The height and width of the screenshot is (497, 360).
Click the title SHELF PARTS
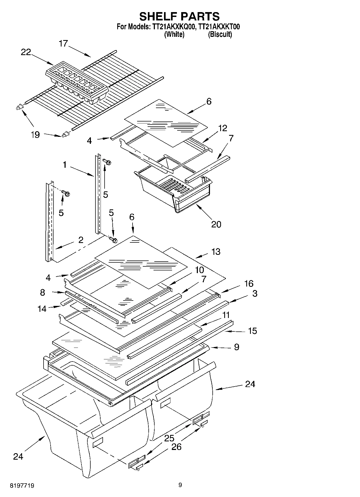[179, 16]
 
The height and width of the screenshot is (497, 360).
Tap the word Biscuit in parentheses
[220, 34]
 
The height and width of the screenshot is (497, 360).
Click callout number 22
[26, 52]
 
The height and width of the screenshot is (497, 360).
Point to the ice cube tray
[77, 82]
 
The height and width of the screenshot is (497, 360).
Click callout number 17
[63, 44]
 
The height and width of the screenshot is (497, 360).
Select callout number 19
[35, 135]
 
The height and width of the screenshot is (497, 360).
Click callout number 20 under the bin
[216, 224]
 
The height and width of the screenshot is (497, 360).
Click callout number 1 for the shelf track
[65, 165]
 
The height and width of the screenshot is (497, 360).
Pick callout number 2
[81, 240]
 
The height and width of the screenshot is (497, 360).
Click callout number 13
[216, 252]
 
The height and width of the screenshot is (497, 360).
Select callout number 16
[249, 283]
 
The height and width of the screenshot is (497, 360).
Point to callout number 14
[42, 309]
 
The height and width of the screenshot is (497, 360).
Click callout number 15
[252, 331]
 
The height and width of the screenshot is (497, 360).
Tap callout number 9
[236, 347]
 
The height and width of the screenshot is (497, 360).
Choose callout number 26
[176, 447]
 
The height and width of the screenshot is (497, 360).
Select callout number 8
[42, 292]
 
